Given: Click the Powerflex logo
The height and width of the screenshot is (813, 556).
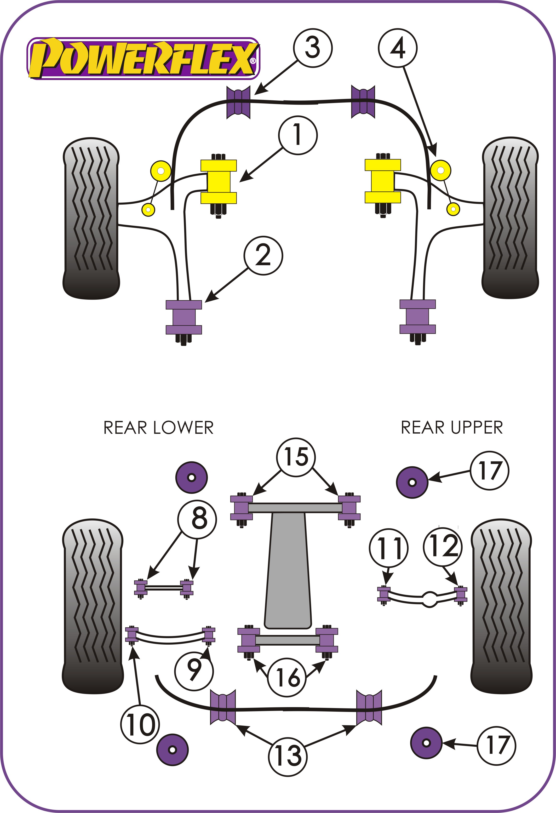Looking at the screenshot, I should click(x=143, y=58).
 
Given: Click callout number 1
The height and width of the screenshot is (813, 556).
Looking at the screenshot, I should click(x=298, y=135).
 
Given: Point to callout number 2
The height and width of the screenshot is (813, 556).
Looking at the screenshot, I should click(x=263, y=255).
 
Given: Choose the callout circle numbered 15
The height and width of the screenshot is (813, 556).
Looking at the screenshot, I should click(x=296, y=457).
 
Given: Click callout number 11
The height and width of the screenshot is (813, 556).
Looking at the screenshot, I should click(x=388, y=548).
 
